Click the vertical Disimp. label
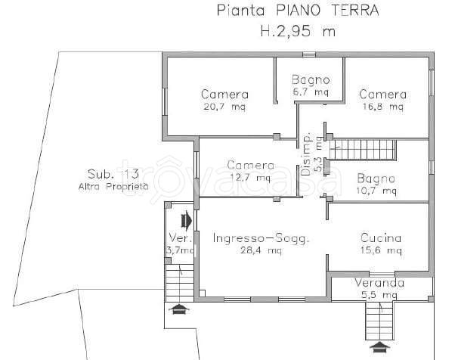[307, 155]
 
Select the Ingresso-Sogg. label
[260, 238]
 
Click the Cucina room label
[380, 238]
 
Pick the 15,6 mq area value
[380, 250]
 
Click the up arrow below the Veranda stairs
[379, 347]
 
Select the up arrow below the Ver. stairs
[179, 309]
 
